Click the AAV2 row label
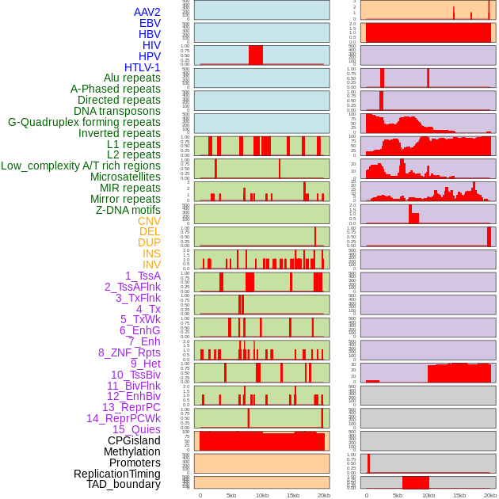point(147,12)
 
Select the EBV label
point(150,23)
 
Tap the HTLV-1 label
point(143,67)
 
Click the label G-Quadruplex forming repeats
point(84,122)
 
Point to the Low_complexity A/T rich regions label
point(81,166)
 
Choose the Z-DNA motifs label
point(128,210)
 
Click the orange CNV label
point(149,221)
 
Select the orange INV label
point(151,265)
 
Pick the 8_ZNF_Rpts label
point(129,352)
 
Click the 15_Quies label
point(135,429)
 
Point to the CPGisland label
point(134,440)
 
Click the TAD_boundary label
point(124,484)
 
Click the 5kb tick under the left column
point(231,495)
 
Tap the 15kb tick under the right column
point(459,495)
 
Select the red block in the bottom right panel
point(416,482)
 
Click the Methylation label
point(132,451)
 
